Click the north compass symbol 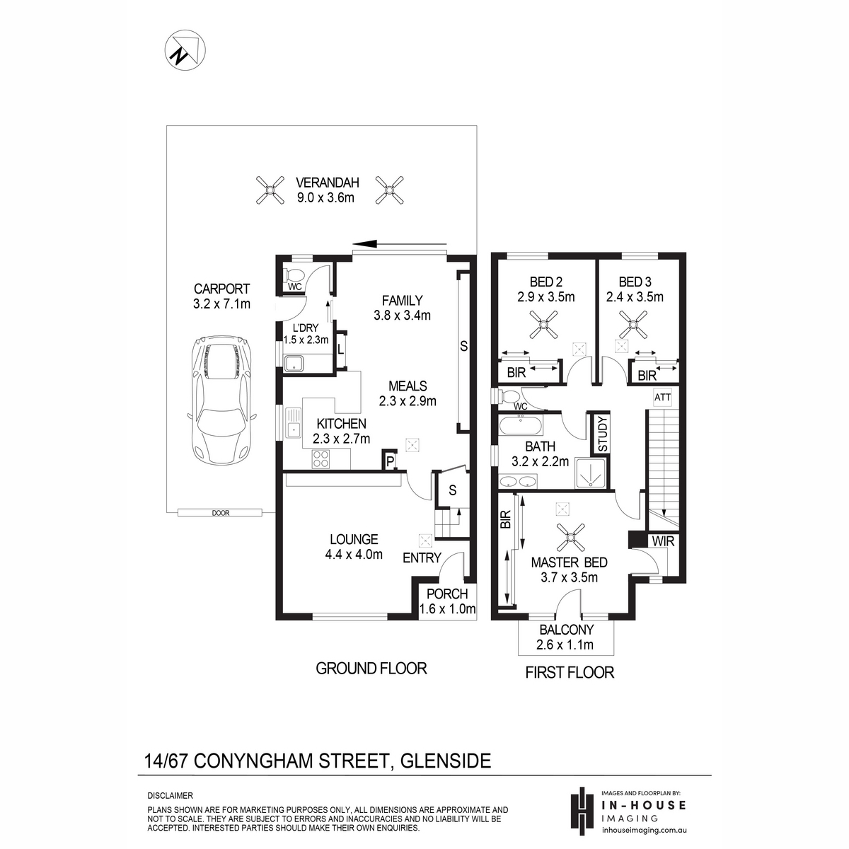(185, 50)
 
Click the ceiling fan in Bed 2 (543, 324)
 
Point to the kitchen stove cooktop (320, 458)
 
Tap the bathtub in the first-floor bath (521, 426)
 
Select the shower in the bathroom (590, 473)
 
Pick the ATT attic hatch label (662, 398)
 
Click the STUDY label (602, 434)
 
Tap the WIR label (663, 541)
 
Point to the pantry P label (390, 462)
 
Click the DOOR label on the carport (221, 513)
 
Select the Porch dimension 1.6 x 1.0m (447, 609)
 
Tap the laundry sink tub (292, 364)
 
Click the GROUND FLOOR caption (371, 669)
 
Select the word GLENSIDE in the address (444, 761)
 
